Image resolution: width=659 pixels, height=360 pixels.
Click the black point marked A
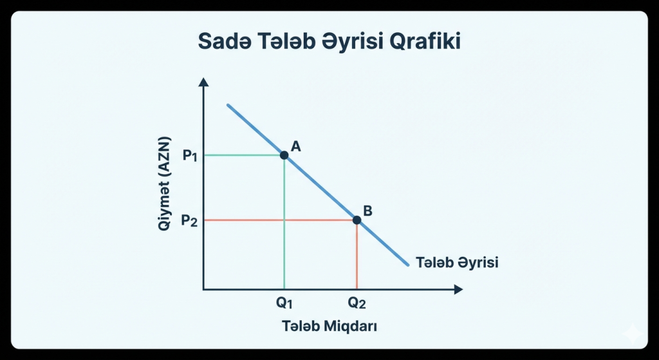coord(284,155)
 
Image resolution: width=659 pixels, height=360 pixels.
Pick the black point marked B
coord(357,220)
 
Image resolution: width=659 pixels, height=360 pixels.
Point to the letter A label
coord(296,147)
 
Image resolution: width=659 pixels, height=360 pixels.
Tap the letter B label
coord(368,211)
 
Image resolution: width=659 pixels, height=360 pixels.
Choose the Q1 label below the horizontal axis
coord(284,303)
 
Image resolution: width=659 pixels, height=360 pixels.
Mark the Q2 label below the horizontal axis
coord(357,303)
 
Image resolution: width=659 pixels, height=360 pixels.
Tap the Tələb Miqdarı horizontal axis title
coord(329,326)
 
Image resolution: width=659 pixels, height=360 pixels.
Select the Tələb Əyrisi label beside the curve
coord(458,263)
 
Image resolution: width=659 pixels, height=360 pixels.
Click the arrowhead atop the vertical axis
coord(203,82)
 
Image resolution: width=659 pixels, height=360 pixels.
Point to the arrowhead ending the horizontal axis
coord(458,290)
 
